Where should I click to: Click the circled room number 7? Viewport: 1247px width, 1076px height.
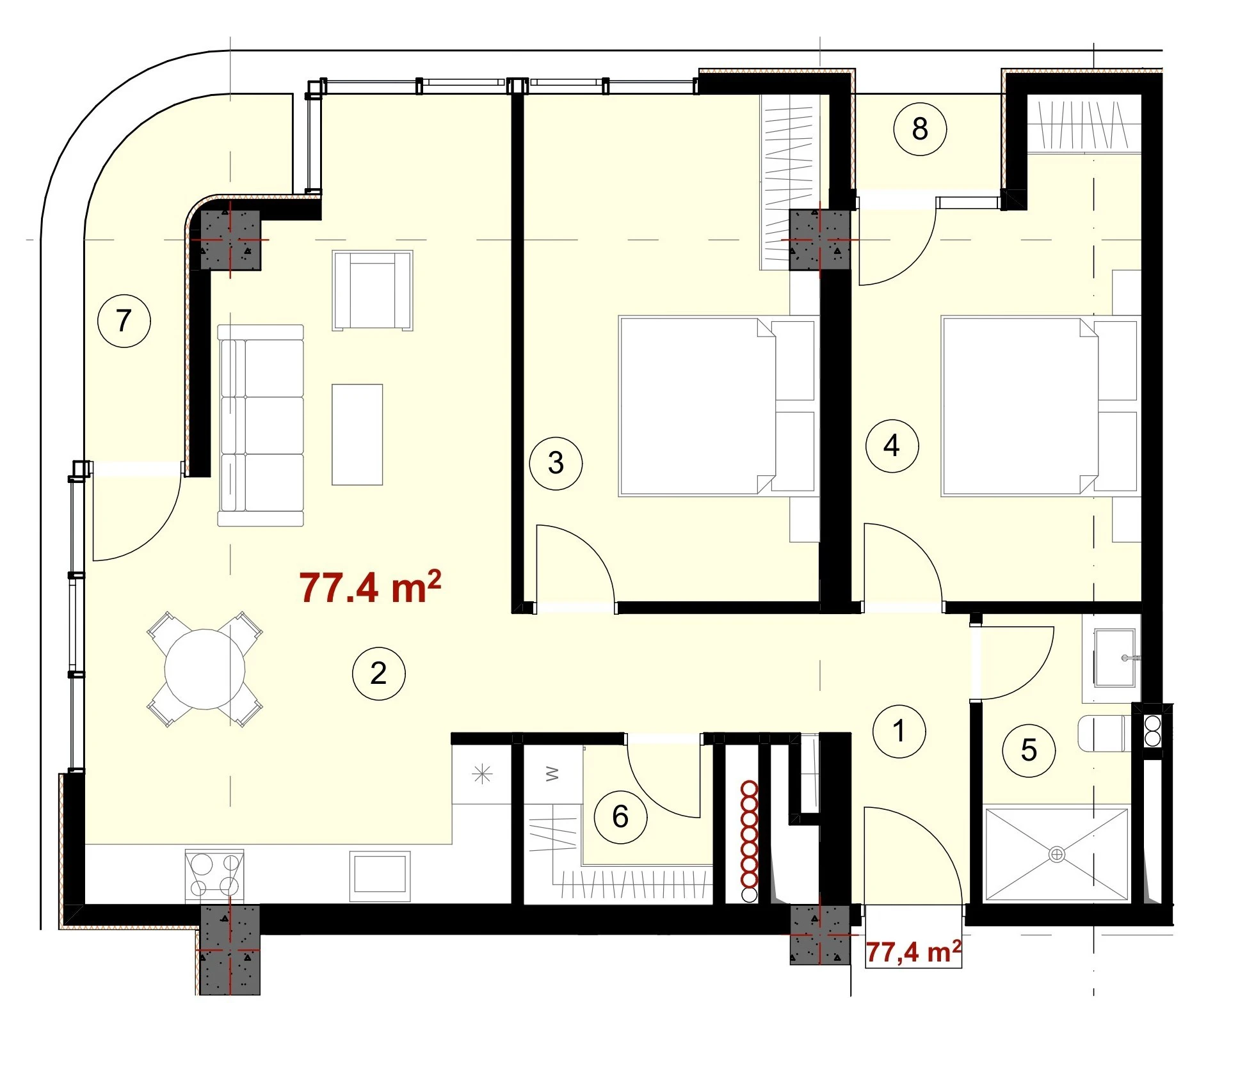(x=124, y=320)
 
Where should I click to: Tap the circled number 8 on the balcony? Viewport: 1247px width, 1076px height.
(x=920, y=129)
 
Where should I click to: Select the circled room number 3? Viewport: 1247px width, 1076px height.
(x=556, y=463)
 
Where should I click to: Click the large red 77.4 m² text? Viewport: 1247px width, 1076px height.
(x=370, y=587)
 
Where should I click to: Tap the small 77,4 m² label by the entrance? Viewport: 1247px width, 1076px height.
(x=913, y=952)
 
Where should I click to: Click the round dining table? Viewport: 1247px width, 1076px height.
(x=205, y=669)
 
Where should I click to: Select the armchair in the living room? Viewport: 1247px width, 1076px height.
(x=372, y=290)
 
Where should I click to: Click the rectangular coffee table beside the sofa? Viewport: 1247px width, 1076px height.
(x=357, y=435)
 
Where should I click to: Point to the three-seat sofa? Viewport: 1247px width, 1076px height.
(x=261, y=425)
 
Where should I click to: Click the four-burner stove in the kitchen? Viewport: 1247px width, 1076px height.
(x=214, y=875)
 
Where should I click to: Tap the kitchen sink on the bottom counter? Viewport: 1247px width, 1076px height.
(x=380, y=875)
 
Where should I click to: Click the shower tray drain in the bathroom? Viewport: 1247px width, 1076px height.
(x=1056, y=854)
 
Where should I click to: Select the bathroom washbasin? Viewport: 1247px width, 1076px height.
(x=1114, y=658)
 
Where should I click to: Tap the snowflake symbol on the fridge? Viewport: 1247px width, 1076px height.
(x=481, y=774)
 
